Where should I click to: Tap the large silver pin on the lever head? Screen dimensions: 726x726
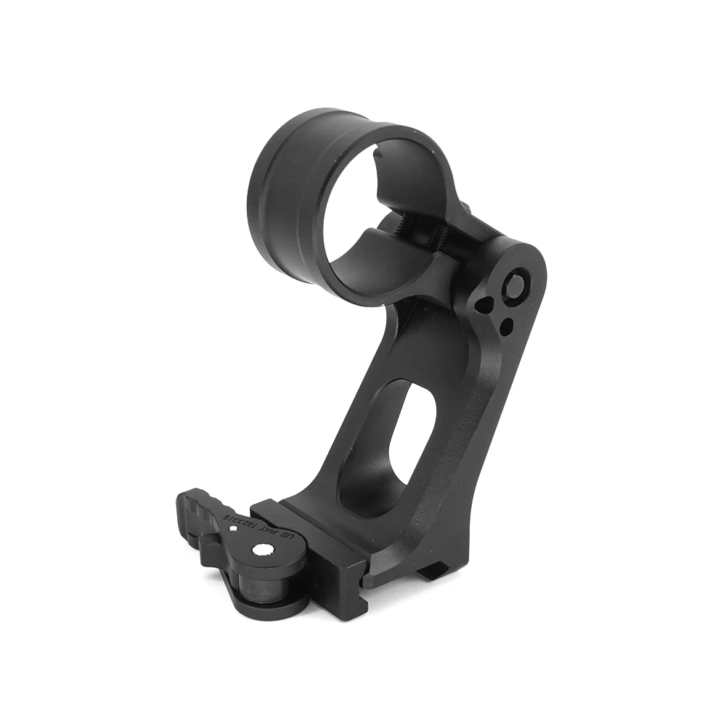259,552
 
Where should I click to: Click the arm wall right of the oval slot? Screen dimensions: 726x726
450,450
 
